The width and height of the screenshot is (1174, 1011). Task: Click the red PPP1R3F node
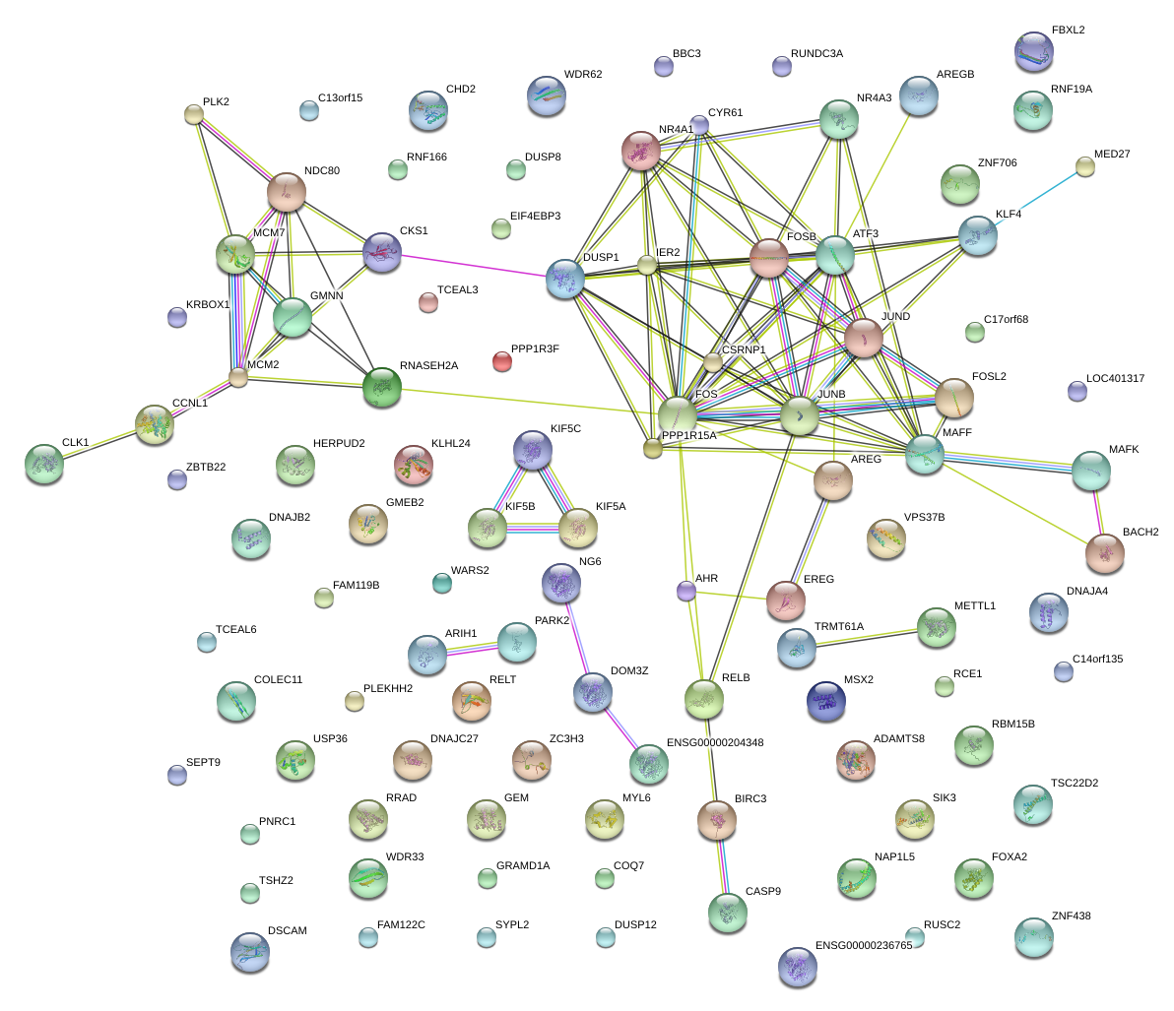pos(502,361)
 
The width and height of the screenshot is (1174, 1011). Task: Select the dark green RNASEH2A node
pos(382,387)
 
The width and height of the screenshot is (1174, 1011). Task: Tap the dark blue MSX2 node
pos(825,700)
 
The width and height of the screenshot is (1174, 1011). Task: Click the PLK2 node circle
pos(194,114)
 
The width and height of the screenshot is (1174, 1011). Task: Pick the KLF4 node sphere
pos(978,236)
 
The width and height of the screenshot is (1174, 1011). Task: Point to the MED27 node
pos(1084,166)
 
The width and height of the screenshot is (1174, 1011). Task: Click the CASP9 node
pos(728,914)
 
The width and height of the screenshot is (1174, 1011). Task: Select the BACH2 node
pos(1105,554)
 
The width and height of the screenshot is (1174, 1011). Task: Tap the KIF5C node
pos(533,450)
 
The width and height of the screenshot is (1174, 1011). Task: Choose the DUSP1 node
pos(565,280)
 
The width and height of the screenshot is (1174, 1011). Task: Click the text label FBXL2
pos(1068,31)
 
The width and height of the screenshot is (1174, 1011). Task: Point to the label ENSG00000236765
pos(864,946)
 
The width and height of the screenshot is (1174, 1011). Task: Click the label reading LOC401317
pos(1115,379)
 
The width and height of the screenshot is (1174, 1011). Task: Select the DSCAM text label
pos(288,931)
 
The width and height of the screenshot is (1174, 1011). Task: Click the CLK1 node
pos(44,464)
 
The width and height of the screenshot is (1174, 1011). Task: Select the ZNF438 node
pos(1033,938)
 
